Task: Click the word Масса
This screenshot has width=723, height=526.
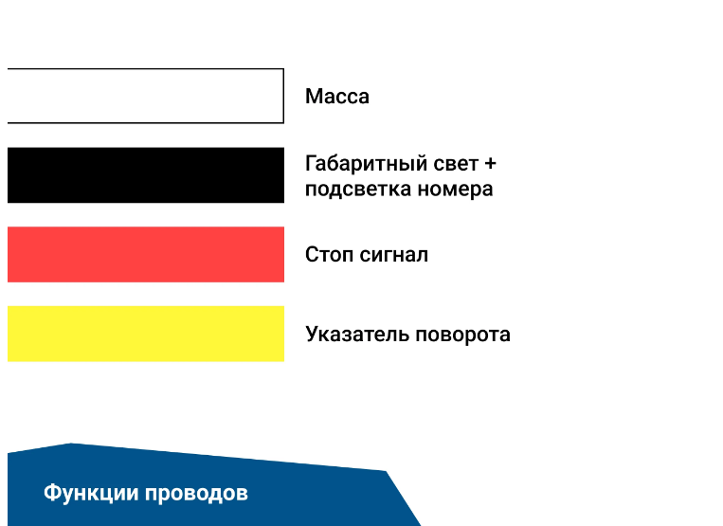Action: [x=337, y=97]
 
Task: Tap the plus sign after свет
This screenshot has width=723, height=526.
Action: [x=490, y=164]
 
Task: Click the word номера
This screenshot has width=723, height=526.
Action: [x=455, y=190]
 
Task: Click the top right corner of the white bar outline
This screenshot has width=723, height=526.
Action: [x=283, y=69]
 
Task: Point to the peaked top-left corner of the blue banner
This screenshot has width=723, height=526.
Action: [x=70, y=444]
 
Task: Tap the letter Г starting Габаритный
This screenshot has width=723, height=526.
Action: [x=311, y=164]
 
